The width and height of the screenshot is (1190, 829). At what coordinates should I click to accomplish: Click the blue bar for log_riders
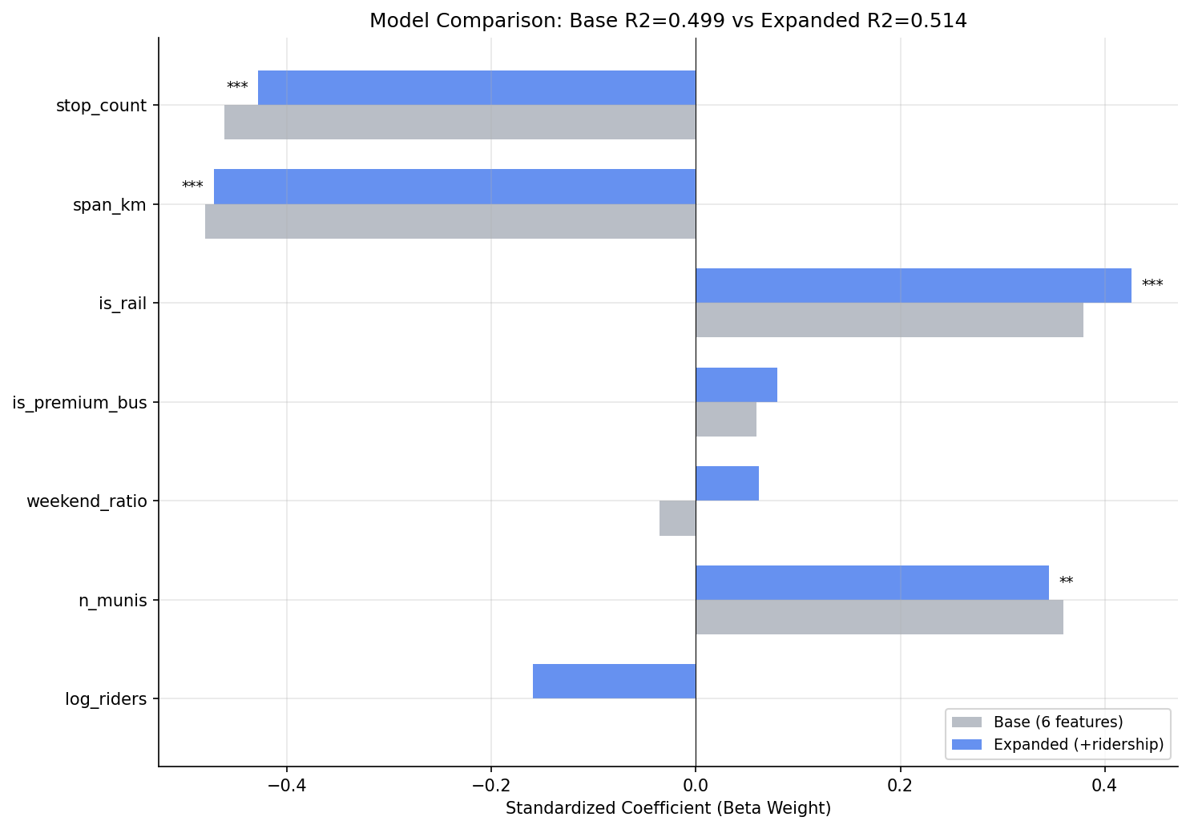pyautogui.click(x=614, y=681)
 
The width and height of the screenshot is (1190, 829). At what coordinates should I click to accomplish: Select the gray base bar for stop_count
pyautogui.click(x=460, y=122)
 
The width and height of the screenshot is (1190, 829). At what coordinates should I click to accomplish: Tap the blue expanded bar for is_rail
pyautogui.click(x=913, y=285)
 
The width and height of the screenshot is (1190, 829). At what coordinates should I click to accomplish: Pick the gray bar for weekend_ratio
pyautogui.click(x=677, y=518)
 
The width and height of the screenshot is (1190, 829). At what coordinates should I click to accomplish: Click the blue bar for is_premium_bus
pyautogui.click(x=736, y=384)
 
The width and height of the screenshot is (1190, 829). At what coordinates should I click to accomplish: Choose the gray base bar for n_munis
pyautogui.click(x=879, y=617)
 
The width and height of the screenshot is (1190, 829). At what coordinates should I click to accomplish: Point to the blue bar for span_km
pyautogui.click(x=454, y=186)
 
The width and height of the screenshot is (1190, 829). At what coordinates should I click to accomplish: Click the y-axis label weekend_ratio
pyautogui.click(x=87, y=501)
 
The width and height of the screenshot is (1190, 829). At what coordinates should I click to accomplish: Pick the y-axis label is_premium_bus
pyautogui.click(x=80, y=402)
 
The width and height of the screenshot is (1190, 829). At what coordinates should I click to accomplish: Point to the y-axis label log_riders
pyautogui.click(x=106, y=699)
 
